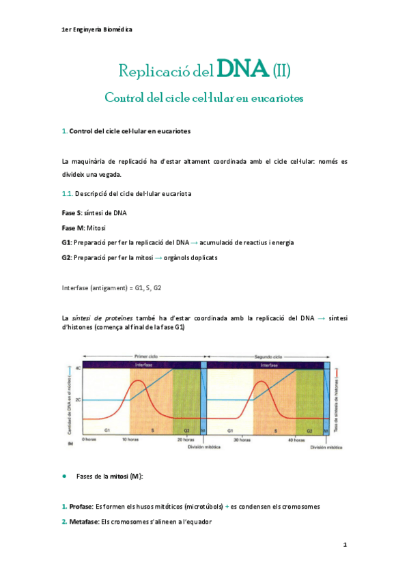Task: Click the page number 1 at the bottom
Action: [x=345, y=546]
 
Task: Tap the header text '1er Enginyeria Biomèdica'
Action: [x=96, y=30]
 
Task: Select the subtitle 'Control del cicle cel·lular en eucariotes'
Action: [x=203, y=98]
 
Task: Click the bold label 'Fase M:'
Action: [x=73, y=228]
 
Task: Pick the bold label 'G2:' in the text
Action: [x=66, y=257]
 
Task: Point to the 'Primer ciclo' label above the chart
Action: [x=145, y=356]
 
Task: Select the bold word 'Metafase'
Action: [x=84, y=522]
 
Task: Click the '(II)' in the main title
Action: [x=281, y=70]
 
